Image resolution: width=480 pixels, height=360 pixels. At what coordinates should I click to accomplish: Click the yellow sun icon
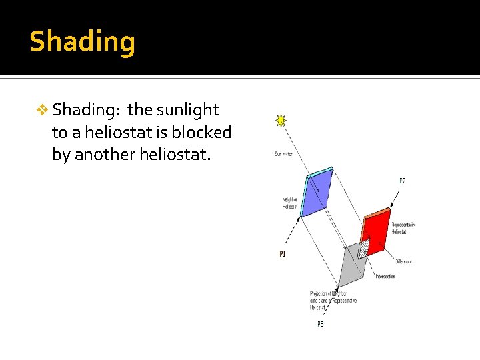(281, 121)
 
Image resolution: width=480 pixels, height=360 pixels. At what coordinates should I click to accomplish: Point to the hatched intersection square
(363, 249)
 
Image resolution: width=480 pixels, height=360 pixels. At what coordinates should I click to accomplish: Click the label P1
(283, 254)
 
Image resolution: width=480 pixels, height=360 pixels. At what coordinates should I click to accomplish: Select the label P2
(402, 181)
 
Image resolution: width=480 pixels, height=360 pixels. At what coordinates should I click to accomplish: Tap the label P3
(321, 324)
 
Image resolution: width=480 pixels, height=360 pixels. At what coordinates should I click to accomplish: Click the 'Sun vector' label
(283, 154)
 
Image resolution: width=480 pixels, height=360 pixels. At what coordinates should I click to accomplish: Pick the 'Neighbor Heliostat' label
(289, 203)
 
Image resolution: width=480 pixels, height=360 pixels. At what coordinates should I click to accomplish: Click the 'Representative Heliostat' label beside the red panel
(403, 228)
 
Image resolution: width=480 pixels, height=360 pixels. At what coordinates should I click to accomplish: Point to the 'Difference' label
(403, 262)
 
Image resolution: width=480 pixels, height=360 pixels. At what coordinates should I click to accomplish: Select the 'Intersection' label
(385, 276)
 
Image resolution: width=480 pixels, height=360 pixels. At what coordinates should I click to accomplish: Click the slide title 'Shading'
(82, 41)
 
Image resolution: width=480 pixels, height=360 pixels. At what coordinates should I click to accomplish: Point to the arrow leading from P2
(395, 198)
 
